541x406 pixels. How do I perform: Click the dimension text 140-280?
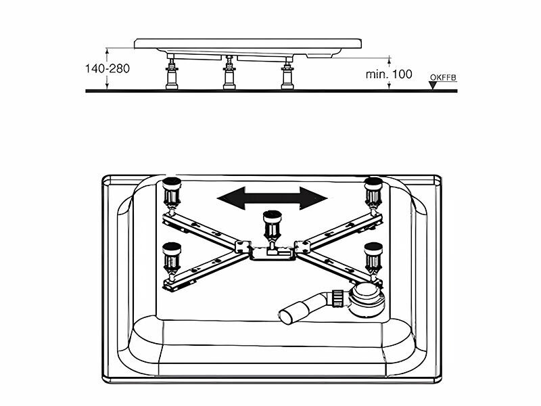click(108, 68)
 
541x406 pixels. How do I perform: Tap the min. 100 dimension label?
click(389, 74)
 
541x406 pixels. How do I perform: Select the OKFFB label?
click(443, 78)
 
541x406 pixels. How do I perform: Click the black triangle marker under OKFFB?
click(433, 85)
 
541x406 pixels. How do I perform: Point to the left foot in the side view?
click(172, 74)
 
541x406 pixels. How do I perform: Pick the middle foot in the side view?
click(229, 73)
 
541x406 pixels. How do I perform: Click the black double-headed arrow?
click(273, 198)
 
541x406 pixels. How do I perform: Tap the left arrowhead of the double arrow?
click(231, 198)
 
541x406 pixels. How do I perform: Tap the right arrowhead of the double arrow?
click(314, 198)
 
